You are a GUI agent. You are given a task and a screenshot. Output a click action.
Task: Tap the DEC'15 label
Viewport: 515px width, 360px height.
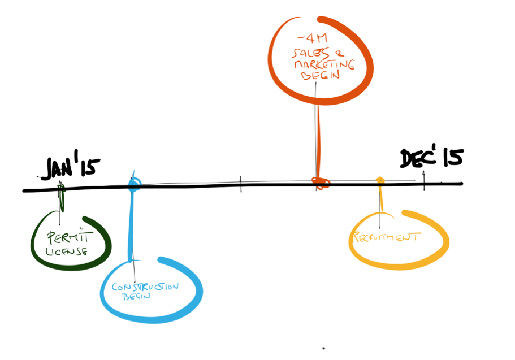[x=431, y=158]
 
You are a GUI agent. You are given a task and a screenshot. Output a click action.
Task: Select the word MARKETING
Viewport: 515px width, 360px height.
[x=322, y=64]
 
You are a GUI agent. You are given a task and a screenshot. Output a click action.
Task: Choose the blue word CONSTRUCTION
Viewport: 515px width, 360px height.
[x=145, y=287]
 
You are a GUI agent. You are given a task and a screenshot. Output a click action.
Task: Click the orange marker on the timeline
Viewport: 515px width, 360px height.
[x=321, y=181]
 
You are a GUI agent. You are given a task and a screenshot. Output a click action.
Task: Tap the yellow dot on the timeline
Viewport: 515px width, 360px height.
[x=380, y=180]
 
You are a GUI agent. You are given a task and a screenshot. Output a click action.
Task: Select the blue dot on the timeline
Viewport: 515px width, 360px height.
[x=134, y=183]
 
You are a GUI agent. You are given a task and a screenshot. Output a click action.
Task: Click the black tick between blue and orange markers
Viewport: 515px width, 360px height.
[x=241, y=183]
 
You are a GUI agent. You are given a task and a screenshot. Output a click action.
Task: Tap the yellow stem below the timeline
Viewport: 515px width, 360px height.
[x=382, y=201]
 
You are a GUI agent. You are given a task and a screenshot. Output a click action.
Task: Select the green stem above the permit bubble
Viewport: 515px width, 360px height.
[x=61, y=201]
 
